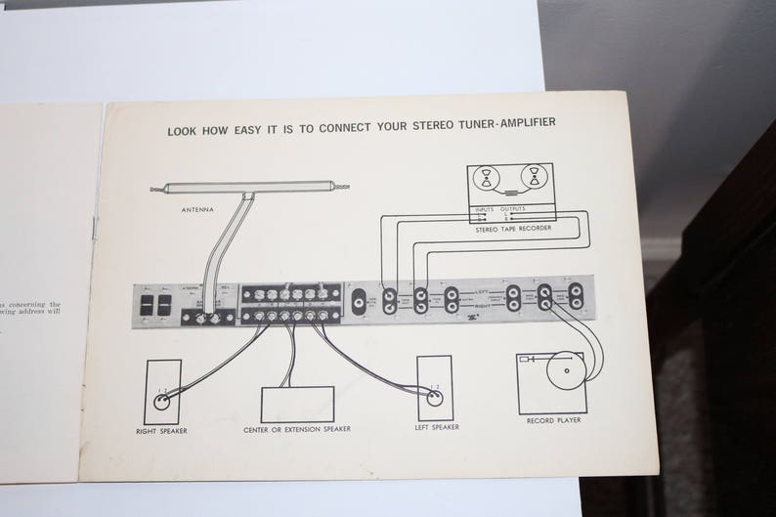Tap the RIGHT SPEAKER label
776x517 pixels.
161,429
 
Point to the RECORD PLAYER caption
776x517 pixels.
554,420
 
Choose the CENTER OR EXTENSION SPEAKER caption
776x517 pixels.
297,429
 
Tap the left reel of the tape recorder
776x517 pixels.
488,179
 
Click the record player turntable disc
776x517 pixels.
564,370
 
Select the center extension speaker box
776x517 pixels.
297,404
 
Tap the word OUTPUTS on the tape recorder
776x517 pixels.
514,209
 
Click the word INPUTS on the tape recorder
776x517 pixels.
486,209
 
